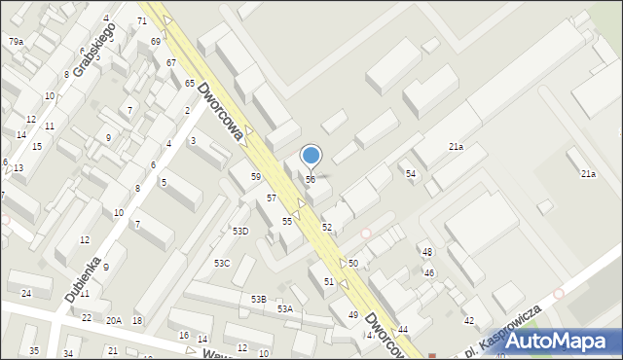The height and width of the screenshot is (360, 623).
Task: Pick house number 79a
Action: coord(16,41)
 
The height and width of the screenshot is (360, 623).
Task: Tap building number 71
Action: coord(142,20)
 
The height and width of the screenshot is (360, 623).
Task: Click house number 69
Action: coord(156,42)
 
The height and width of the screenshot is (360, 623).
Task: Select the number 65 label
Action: coord(190,84)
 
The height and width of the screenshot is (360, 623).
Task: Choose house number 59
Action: coord(256,176)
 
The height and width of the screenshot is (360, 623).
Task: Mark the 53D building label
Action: coord(239,231)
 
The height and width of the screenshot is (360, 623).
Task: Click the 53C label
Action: coord(222,263)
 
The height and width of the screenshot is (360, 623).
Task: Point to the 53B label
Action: coord(258,299)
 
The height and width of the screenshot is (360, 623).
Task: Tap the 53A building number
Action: coord(284,308)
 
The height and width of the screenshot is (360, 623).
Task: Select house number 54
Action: coord(411,173)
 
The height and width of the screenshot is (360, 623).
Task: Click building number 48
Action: coord(427,252)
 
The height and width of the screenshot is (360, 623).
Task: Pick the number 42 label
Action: coord(469,320)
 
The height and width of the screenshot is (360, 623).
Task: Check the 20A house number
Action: coord(114,320)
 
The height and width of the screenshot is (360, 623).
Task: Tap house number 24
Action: coord(26,293)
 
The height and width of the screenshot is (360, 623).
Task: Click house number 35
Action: coord(34,350)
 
